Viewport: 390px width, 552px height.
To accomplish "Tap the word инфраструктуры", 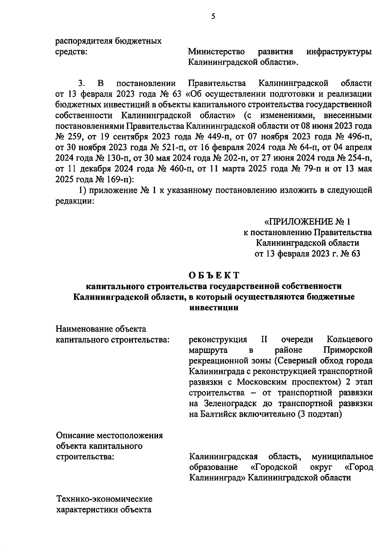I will [x=339, y=52].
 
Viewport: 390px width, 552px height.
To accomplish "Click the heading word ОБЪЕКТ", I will [x=214, y=275].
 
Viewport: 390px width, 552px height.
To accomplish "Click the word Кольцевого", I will [x=349, y=340].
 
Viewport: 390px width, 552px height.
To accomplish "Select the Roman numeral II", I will [x=264, y=340].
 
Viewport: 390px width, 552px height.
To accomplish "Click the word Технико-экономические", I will [x=104, y=499].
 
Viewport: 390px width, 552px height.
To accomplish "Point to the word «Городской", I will [x=275, y=467].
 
